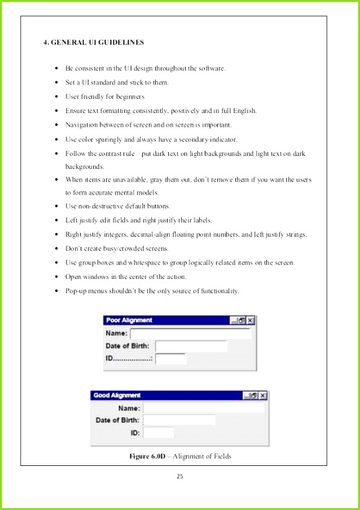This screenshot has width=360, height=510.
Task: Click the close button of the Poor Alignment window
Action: pyautogui.click(x=250, y=321)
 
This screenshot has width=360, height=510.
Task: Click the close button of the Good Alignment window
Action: pyautogui.click(x=263, y=395)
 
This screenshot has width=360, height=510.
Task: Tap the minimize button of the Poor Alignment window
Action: pyautogui.click(x=233, y=321)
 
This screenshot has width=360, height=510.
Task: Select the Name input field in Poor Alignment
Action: pyautogui.click(x=190, y=334)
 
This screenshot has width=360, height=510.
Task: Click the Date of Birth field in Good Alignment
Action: pyautogui.click(x=179, y=421)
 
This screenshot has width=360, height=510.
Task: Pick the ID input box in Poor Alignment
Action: pyautogui.click(x=171, y=358)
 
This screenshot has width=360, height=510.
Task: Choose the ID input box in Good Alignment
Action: pyautogui.click(x=158, y=433)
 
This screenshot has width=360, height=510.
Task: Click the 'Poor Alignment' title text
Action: pyautogui.click(x=129, y=321)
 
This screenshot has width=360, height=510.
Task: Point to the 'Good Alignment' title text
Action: pyautogui.click(x=117, y=395)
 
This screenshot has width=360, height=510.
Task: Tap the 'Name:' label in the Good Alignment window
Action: pyautogui.click(x=129, y=408)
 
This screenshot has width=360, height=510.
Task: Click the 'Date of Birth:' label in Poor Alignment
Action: pyautogui.click(x=127, y=346)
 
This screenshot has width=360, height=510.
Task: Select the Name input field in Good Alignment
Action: pyautogui.click(x=203, y=408)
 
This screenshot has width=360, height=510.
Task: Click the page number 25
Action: pyautogui.click(x=180, y=476)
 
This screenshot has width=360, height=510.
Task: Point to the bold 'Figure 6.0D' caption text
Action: pyautogui.click(x=147, y=457)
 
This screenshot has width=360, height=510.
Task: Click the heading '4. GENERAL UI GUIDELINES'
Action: pyautogui.click(x=94, y=42)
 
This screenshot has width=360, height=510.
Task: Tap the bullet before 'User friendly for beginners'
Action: pyautogui.click(x=56, y=97)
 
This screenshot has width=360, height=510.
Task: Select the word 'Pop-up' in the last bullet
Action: pyautogui.click(x=76, y=291)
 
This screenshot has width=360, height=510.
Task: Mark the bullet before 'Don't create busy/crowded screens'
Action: pyautogui.click(x=56, y=248)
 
